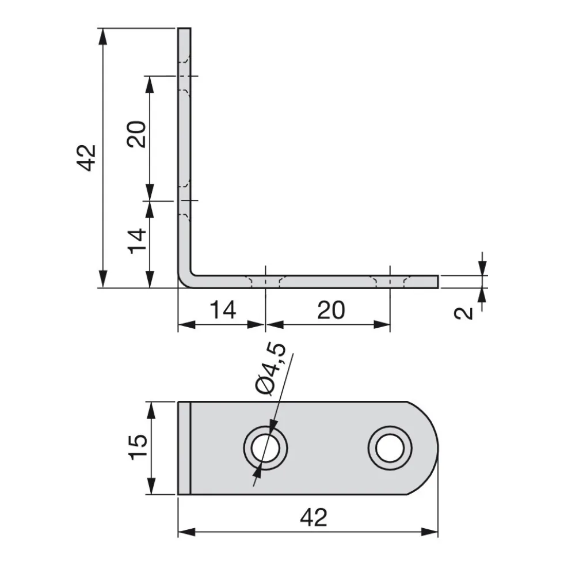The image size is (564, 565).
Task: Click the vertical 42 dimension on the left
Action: coord(87,158)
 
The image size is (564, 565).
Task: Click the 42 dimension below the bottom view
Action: coord(314,517)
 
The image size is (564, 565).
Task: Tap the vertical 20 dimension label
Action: coord(136,134)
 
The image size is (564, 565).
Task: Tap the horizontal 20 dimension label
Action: coord(331,310)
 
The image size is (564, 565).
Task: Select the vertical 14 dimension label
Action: coord(137,241)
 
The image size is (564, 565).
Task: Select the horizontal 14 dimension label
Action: coord(223,310)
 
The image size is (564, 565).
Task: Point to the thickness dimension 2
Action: coord(463,313)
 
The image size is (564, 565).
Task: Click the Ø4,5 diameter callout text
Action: coord(271,369)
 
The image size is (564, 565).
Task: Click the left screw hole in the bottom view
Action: coord(265,448)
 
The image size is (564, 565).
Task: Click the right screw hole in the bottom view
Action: coord(390,448)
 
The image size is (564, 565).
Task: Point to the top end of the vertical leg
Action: coord(184,28)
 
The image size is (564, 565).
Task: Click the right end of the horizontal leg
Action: coord(437,282)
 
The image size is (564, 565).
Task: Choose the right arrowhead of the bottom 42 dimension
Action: coord(429,532)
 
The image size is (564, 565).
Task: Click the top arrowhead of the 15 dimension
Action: coord(151,410)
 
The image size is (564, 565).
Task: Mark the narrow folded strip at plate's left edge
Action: coord(184,448)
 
